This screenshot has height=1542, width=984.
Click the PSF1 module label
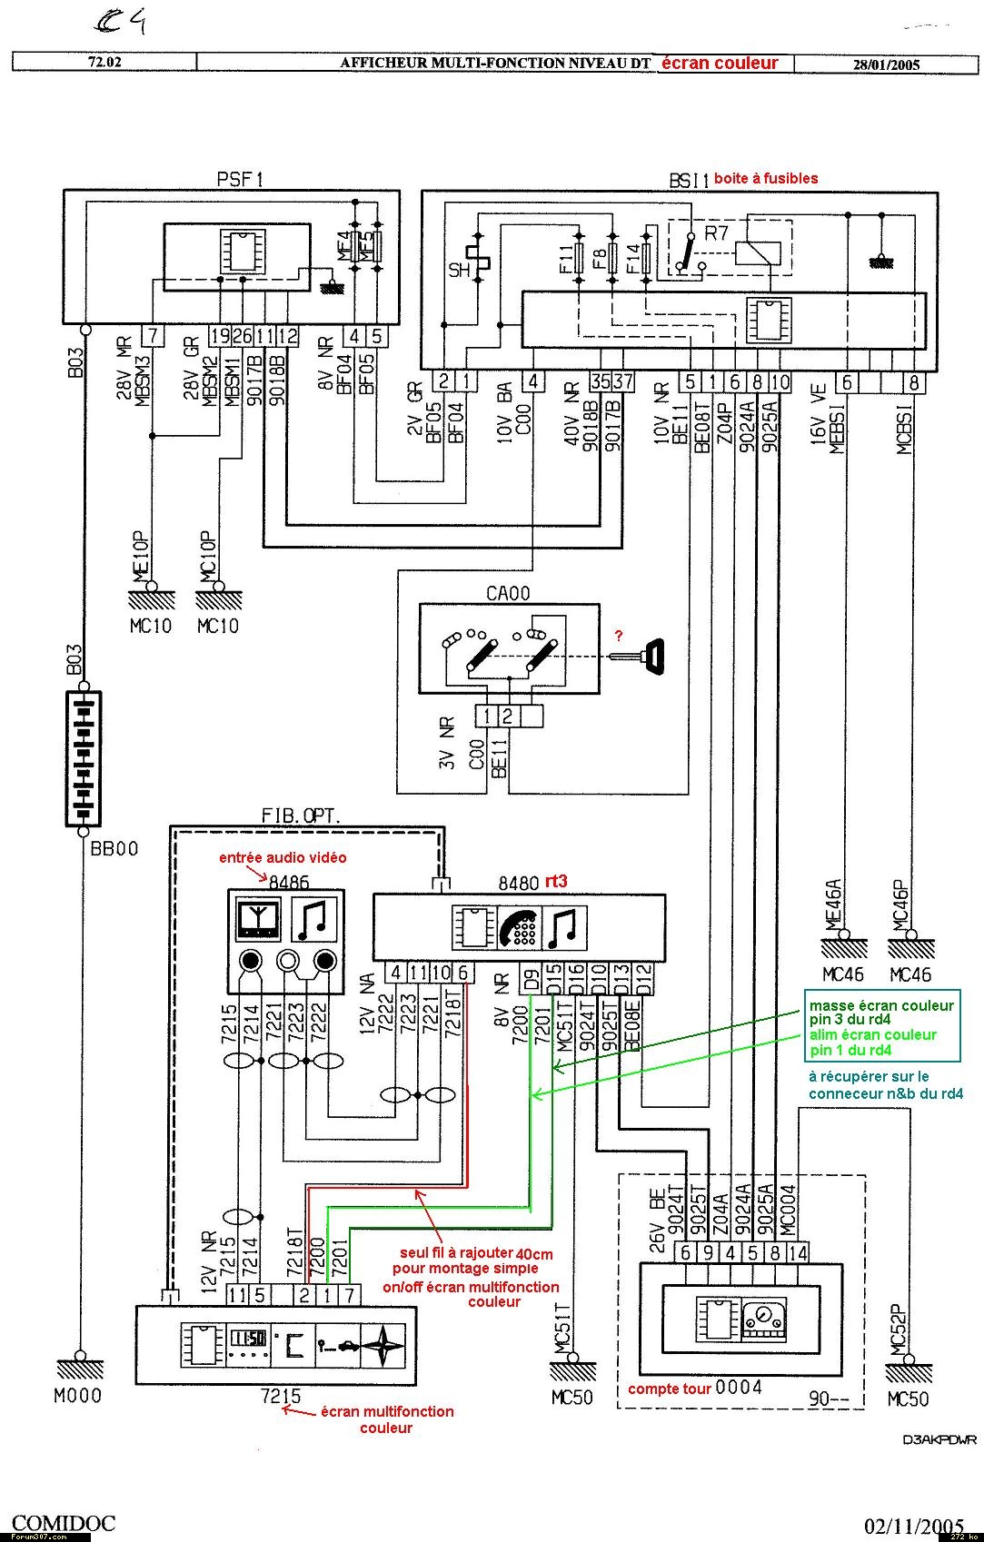240,179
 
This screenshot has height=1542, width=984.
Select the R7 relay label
717,232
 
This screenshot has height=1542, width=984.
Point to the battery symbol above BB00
84,759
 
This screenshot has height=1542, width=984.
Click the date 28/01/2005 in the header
886,64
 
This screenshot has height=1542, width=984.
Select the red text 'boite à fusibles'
765,179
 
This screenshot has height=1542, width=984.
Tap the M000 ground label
77,1396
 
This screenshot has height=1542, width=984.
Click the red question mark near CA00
619,635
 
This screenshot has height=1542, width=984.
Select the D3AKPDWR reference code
938,1439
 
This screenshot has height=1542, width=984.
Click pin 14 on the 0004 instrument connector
798,1252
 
